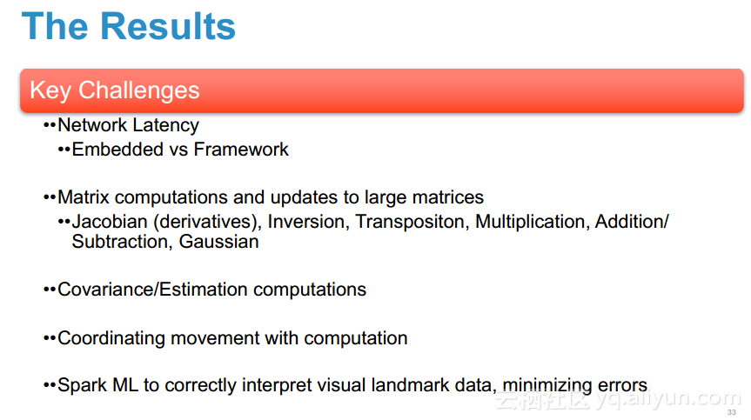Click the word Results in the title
click(x=168, y=26)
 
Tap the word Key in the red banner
click(x=50, y=91)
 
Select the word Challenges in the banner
click(x=139, y=90)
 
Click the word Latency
click(x=165, y=125)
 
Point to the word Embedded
click(x=117, y=150)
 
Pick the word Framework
click(x=241, y=150)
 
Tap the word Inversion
click(x=306, y=222)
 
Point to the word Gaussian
click(x=219, y=242)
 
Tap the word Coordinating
click(x=111, y=338)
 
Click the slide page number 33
click(x=731, y=412)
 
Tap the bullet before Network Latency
click(x=50, y=125)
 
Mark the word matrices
click(x=448, y=197)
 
